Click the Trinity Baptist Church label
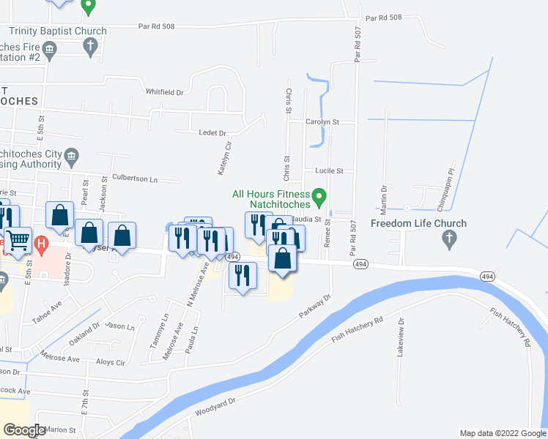[x=58, y=31]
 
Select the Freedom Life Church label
[x=418, y=223]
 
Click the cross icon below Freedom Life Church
[x=450, y=239]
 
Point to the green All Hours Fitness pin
[x=319, y=197]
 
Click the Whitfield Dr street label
[x=164, y=92]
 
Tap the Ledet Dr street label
[x=213, y=133]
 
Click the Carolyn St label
[x=322, y=122]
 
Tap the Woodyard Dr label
[x=215, y=407]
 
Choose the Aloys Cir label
[x=111, y=362]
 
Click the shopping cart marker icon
[x=19, y=239]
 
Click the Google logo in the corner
[x=24, y=430]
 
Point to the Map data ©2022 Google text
[x=502, y=433]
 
